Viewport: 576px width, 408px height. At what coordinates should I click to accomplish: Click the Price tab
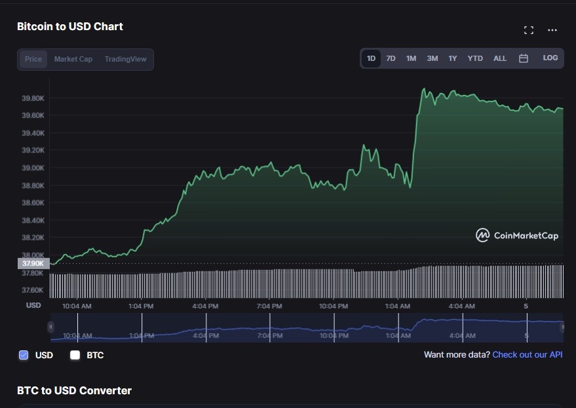pyautogui.click(x=33, y=59)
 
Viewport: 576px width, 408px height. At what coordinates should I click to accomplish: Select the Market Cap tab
pyautogui.click(x=73, y=59)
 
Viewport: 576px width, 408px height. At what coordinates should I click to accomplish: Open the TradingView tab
pyautogui.click(x=126, y=59)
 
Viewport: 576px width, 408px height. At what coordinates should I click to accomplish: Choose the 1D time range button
pyautogui.click(x=371, y=58)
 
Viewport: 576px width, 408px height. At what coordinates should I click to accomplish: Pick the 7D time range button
pyautogui.click(x=391, y=58)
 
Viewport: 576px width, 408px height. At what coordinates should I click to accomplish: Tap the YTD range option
pyautogui.click(x=475, y=58)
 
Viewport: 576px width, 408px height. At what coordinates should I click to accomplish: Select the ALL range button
pyautogui.click(x=500, y=58)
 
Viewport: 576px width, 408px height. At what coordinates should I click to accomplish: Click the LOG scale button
pyautogui.click(x=550, y=58)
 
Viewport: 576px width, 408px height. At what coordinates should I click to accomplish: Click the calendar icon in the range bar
pyautogui.click(x=524, y=58)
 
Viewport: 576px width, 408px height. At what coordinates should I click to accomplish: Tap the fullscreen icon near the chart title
pyautogui.click(x=529, y=30)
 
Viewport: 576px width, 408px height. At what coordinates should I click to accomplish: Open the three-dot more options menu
pyautogui.click(x=552, y=30)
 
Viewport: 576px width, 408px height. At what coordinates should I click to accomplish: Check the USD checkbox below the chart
pyautogui.click(x=24, y=355)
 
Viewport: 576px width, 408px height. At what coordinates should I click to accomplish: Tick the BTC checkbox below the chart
pyautogui.click(x=75, y=355)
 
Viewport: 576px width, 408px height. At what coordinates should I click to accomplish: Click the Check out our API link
pyautogui.click(x=527, y=354)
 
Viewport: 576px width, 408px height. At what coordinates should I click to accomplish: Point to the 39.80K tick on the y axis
pyautogui.click(x=33, y=98)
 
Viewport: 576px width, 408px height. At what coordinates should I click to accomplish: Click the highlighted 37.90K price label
pyautogui.click(x=33, y=264)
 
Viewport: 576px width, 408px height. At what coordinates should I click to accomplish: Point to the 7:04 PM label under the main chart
pyautogui.click(x=269, y=306)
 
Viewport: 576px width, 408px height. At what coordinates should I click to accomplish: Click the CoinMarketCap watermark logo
pyautogui.click(x=517, y=235)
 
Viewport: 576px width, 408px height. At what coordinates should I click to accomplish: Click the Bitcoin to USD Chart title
pyautogui.click(x=70, y=26)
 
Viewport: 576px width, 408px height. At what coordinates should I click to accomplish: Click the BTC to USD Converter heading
pyautogui.click(x=74, y=390)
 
